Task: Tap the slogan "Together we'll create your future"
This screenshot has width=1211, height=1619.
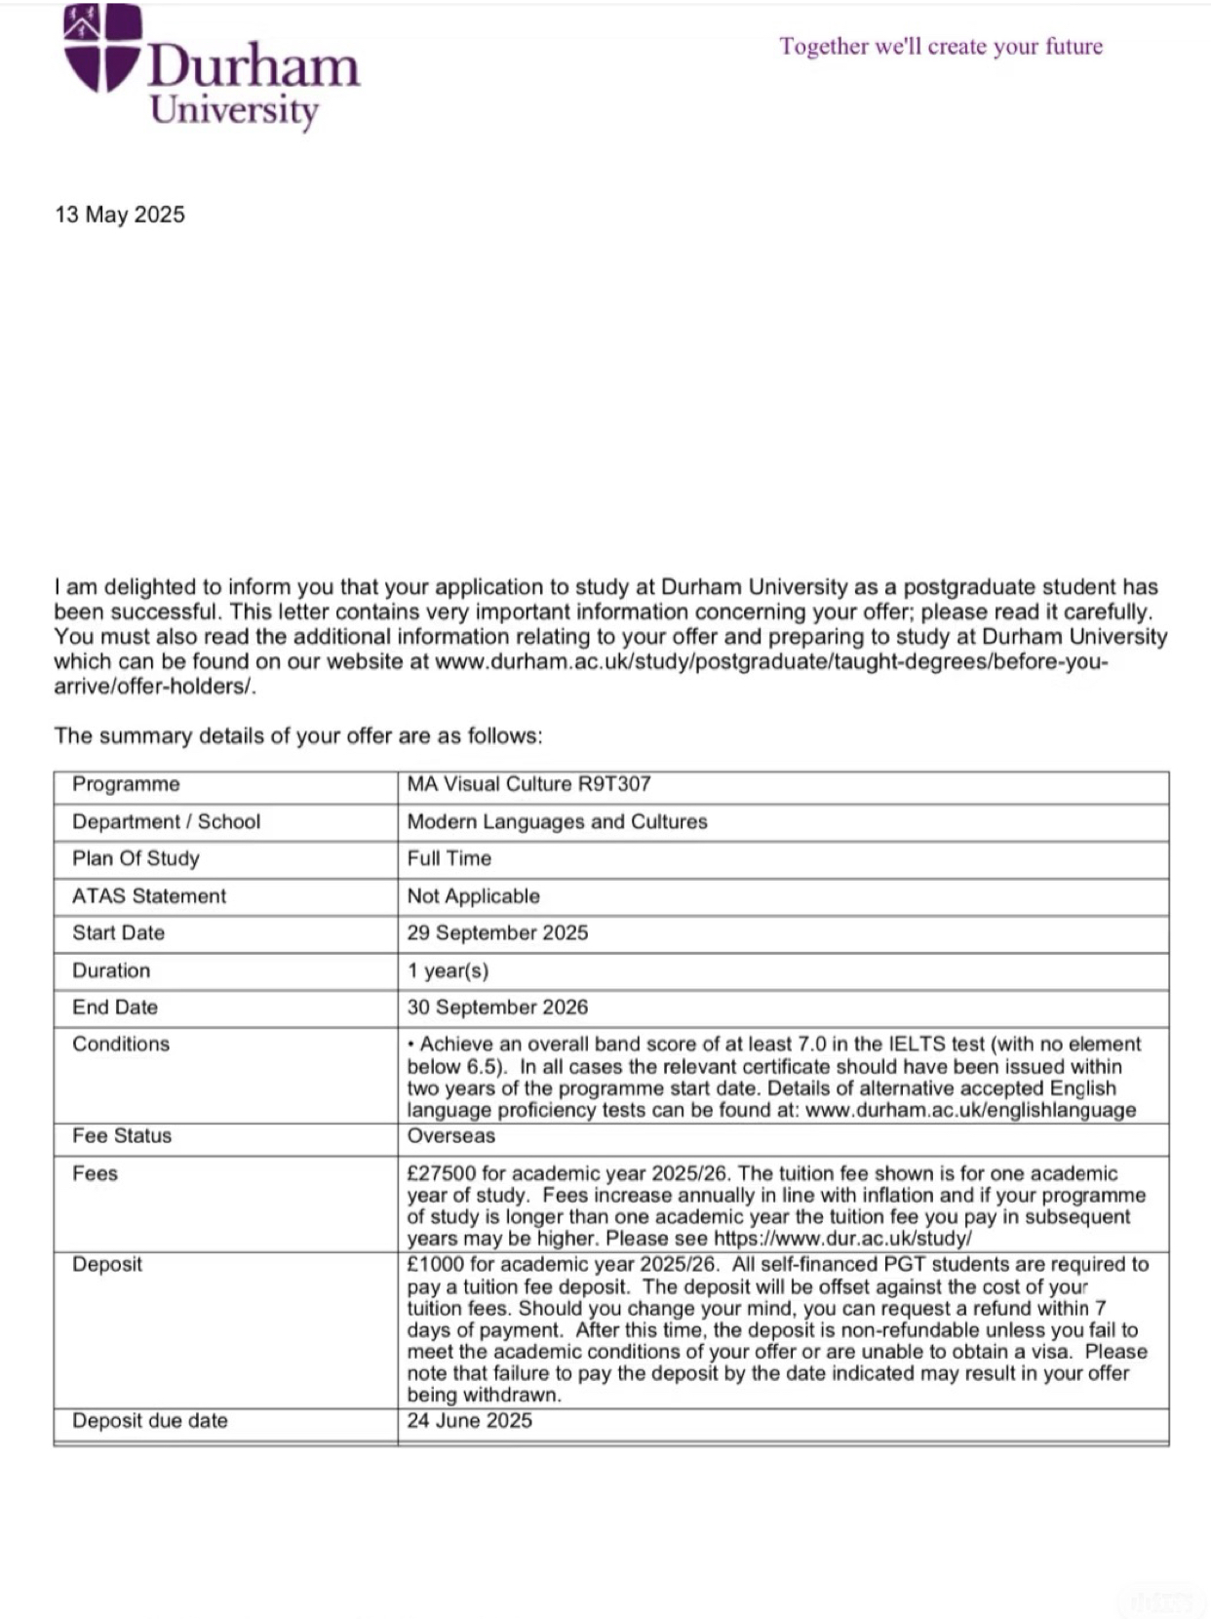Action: pyautogui.click(x=941, y=46)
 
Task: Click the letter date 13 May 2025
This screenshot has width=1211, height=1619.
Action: pyautogui.click(x=120, y=215)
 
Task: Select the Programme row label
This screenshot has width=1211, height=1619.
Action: pyautogui.click(x=126, y=784)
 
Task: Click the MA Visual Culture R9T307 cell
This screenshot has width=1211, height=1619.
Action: pyautogui.click(x=528, y=784)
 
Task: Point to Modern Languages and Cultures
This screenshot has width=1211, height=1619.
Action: pyautogui.click(x=557, y=821)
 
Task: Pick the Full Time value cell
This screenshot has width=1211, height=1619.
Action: pyautogui.click(x=449, y=858)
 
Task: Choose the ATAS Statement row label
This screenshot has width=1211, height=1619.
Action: pyautogui.click(x=148, y=895)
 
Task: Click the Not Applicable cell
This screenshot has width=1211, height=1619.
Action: pyautogui.click(x=473, y=895)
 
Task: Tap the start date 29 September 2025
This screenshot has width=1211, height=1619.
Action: pyautogui.click(x=497, y=932)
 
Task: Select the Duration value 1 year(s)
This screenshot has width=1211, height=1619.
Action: pyautogui.click(x=448, y=970)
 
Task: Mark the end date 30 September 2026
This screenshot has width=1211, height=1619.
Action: pyautogui.click(x=497, y=1007)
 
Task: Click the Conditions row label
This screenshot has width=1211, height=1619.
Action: pyautogui.click(x=121, y=1044)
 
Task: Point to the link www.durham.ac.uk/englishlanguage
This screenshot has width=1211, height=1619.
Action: pyautogui.click(x=971, y=1110)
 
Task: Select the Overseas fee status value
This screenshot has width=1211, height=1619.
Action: pyautogui.click(x=450, y=1135)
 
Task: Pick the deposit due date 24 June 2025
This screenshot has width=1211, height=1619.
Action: pyautogui.click(x=469, y=1420)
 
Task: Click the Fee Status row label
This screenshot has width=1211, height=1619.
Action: pyautogui.click(x=122, y=1135)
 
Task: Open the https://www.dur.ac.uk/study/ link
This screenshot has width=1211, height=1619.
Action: pyautogui.click(x=842, y=1239)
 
